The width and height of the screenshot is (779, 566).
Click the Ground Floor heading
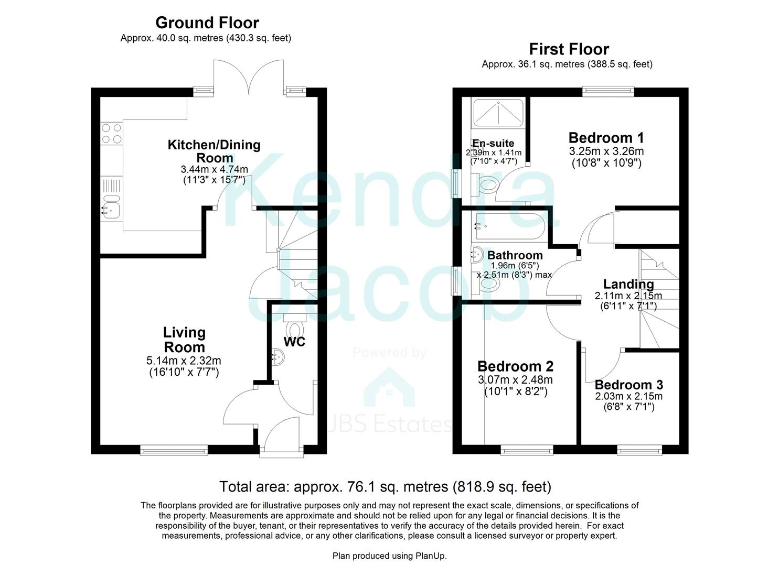pyautogui.click(x=207, y=23)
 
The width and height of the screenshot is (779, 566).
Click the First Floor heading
pyautogui.click(x=569, y=49)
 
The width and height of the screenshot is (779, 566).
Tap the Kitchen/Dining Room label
pyautogui.click(x=214, y=151)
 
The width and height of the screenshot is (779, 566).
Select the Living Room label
pyautogui.click(x=184, y=340)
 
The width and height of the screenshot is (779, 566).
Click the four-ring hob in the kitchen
pyautogui.click(x=111, y=132)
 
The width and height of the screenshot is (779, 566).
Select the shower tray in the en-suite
pyautogui.click(x=498, y=112)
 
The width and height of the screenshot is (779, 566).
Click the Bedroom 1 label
pyautogui.click(x=606, y=138)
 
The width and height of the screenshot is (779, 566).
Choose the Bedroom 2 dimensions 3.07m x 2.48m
pyautogui.click(x=515, y=380)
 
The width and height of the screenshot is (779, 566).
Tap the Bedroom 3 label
pyautogui.click(x=628, y=385)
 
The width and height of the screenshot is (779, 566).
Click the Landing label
pyautogui.click(x=628, y=284)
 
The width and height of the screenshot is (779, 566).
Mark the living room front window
pyautogui.click(x=173, y=449)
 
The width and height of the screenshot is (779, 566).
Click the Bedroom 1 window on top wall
pyautogui.click(x=608, y=92)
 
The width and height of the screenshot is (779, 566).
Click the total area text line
pyautogui.click(x=385, y=487)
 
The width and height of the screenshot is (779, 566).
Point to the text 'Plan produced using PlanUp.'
pyautogui.click(x=389, y=556)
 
